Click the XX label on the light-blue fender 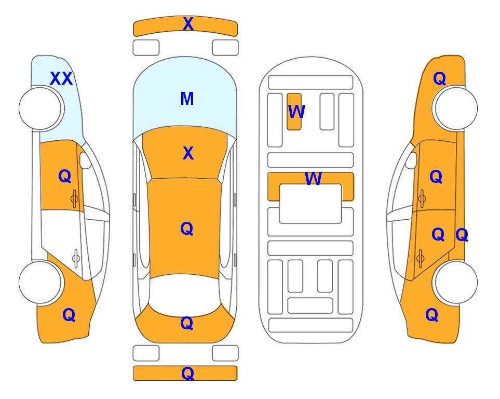tap(62, 78)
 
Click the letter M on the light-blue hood tap(187, 99)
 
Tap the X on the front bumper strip tap(188, 24)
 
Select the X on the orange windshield tap(188, 153)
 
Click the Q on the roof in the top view tap(187, 229)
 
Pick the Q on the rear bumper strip tap(188, 373)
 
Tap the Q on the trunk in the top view tap(187, 323)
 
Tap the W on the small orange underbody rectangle tap(296, 112)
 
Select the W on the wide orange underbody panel tap(313, 178)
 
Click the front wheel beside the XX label tap(40, 109)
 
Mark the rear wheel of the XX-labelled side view tap(40, 282)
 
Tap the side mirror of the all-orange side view tap(411, 160)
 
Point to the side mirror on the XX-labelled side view tap(85, 160)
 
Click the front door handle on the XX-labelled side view tap(74, 198)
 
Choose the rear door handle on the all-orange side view tap(421, 259)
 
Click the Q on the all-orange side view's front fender tap(439, 78)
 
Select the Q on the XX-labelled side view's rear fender tap(69, 315)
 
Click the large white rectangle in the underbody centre tap(310, 204)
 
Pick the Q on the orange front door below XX tap(65, 176)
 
